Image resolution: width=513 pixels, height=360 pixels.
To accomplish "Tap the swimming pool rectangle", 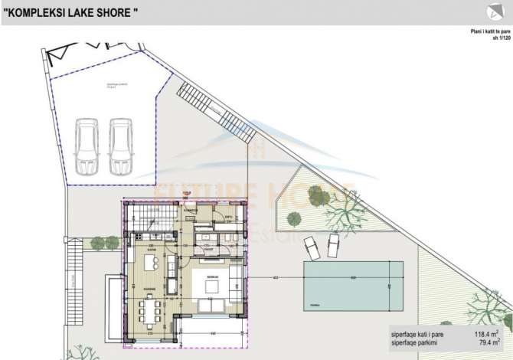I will pyautogui.click(x=353, y=284).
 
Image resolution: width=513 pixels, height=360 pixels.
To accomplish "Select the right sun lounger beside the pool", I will pyautogui.click(x=334, y=245).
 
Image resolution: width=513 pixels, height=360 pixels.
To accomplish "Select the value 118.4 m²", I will pyautogui.click(x=485, y=334).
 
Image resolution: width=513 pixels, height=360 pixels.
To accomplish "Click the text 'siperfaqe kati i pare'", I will pyautogui.click(x=418, y=334).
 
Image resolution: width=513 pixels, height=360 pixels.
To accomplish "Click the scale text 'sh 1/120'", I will pyautogui.click(x=501, y=37).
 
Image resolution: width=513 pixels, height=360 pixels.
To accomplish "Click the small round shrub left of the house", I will pyautogui.click(x=97, y=244).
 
